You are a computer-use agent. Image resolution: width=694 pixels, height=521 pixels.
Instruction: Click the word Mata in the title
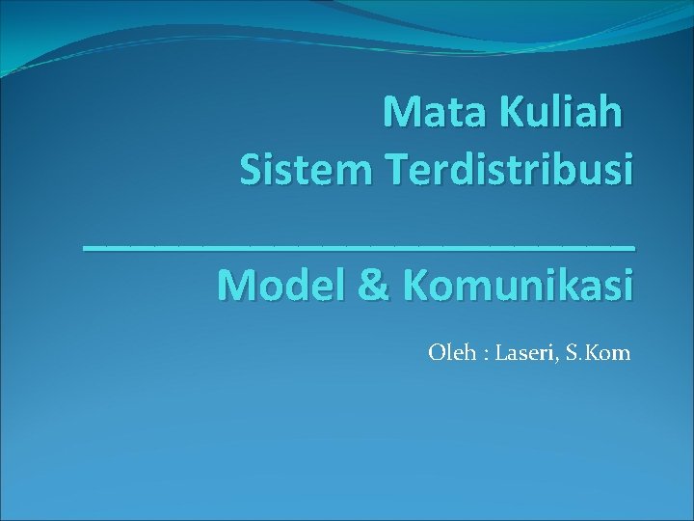(431, 113)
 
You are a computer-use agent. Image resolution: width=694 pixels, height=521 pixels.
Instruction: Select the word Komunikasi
(519, 286)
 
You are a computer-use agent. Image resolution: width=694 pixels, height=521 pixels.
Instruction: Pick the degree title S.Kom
(597, 352)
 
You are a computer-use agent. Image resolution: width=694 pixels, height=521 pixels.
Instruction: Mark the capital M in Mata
(400, 113)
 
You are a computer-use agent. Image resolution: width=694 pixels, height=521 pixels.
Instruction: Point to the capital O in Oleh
(436, 352)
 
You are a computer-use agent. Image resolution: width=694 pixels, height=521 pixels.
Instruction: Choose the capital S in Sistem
(251, 171)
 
